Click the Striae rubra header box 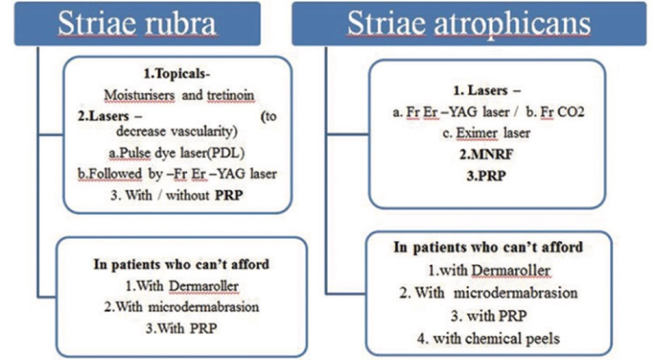tap(137, 24)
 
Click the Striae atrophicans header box tap(468, 24)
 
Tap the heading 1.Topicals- tap(176, 74)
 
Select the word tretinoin tap(230, 95)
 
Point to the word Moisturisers tap(139, 95)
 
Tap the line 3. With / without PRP tap(176, 195)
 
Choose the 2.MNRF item tap(486, 154)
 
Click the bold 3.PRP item tap(486, 175)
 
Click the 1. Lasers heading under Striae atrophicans tap(487, 90)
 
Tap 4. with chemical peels tap(488, 338)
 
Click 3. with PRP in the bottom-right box tap(489, 316)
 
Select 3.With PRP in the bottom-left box tap(181, 328)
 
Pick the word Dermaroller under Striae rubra tap(203, 286)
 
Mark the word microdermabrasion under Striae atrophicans tap(516, 293)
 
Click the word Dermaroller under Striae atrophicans tap(511, 271)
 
